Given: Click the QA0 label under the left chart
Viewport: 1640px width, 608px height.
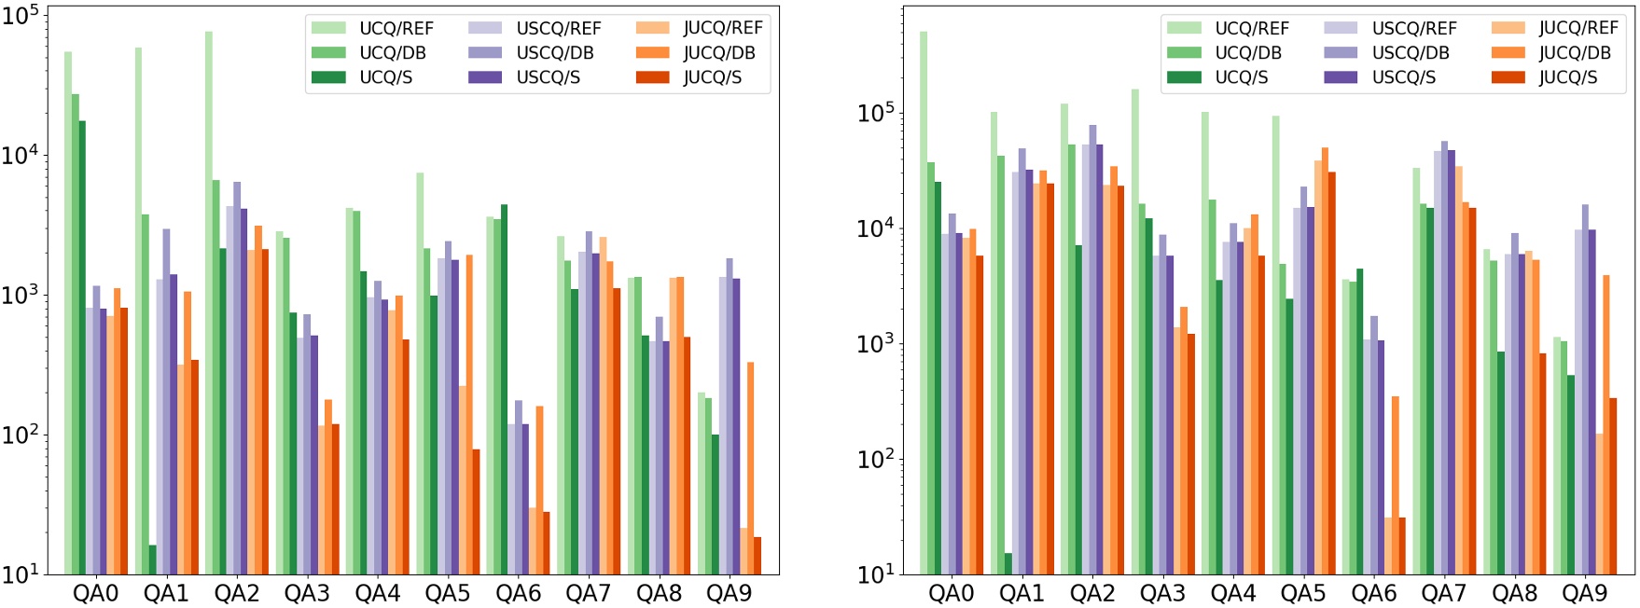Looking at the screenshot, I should tap(95, 594).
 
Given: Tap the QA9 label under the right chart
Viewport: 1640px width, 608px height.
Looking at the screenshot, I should tap(1584, 594).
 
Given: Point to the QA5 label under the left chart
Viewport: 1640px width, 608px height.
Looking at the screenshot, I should tap(448, 594).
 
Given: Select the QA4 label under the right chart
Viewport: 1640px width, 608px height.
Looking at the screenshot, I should tap(1232, 594).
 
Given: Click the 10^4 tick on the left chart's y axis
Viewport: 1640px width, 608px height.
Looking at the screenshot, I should tap(21, 155).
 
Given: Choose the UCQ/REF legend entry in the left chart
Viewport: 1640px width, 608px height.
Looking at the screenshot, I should tap(373, 28).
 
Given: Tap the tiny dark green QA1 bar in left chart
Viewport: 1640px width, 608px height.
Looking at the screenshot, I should tap(152, 560).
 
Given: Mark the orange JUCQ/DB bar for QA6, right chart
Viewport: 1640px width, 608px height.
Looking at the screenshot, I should tap(1395, 485).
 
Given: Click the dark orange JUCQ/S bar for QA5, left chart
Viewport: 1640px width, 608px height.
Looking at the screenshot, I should tap(476, 512).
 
